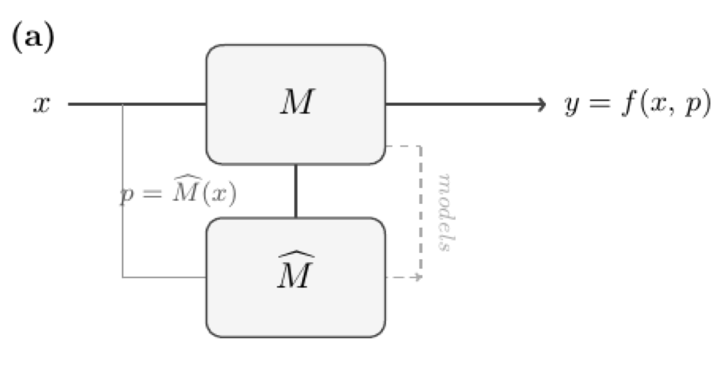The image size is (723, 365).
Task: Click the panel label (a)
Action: point(32,38)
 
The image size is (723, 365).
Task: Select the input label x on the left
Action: point(42,105)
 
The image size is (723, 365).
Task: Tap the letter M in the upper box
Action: point(296,104)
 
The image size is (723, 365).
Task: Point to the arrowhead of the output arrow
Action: point(542,104)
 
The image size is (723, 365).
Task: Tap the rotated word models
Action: point(445,212)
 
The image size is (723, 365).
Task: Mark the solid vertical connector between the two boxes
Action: point(295,191)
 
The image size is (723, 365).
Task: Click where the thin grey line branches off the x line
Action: point(122,104)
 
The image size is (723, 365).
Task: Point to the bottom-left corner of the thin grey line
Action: point(122,277)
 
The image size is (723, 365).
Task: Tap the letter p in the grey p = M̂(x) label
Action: point(124,197)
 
